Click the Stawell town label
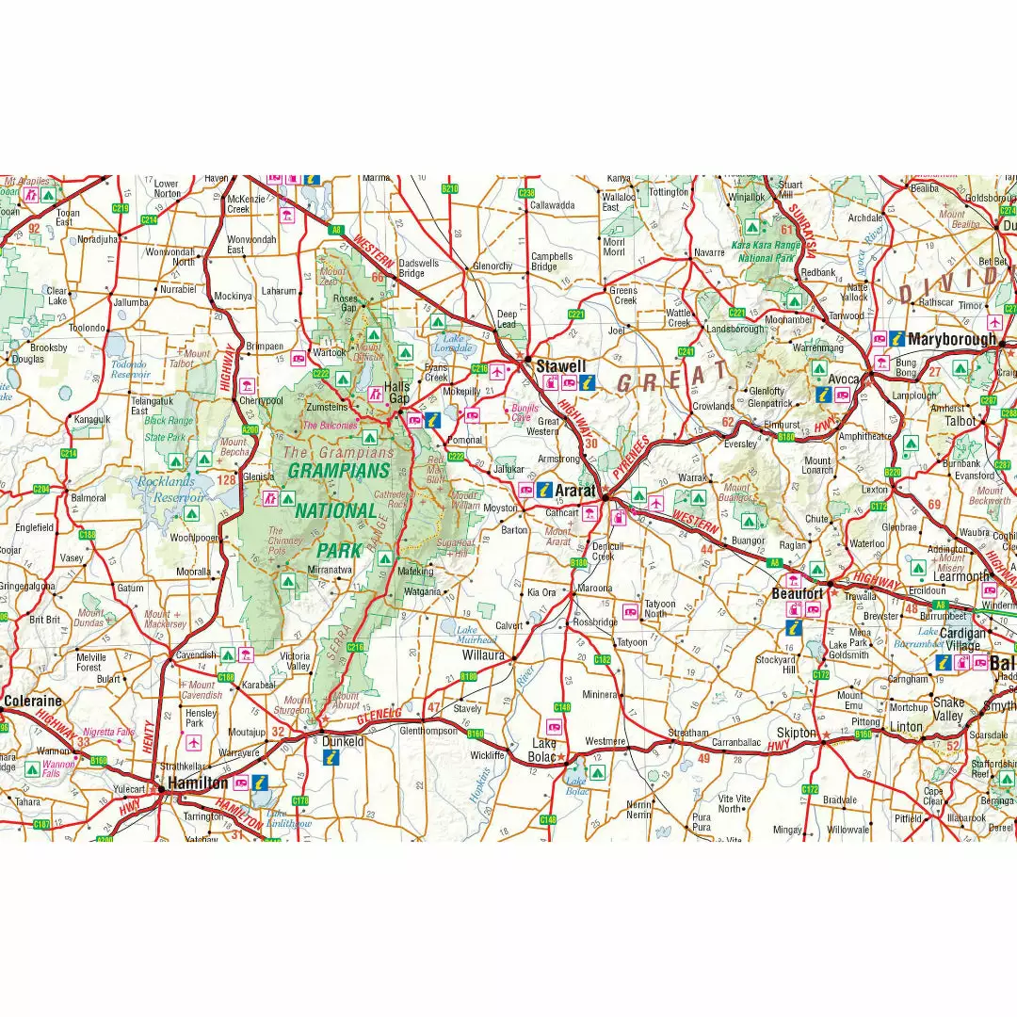(561, 365)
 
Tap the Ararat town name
(574, 491)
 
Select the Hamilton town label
(197, 783)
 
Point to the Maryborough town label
(951, 339)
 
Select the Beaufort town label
(797, 594)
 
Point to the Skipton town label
(797, 733)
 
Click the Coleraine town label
(32, 701)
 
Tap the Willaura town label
(483, 654)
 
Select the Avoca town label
(844, 379)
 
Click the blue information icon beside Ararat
(544, 490)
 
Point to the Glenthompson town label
(428, 731)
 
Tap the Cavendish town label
(196, 654)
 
